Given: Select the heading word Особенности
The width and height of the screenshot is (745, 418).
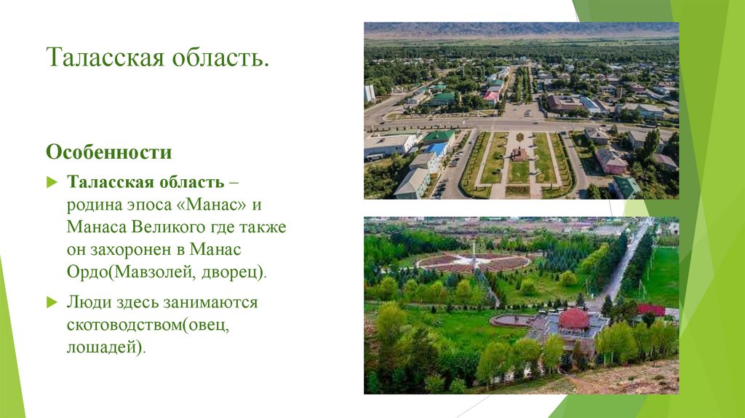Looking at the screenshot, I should (109, 153).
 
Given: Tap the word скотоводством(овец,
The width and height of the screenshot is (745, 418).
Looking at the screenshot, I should (148, 324).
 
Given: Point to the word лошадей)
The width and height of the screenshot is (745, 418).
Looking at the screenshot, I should (106, 347).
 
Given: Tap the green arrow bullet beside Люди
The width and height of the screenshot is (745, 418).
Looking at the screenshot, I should (52, 301).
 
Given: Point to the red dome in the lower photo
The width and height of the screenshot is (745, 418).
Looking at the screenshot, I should (574, 318).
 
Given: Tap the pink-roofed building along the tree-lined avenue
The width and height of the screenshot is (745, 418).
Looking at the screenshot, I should (492, 95).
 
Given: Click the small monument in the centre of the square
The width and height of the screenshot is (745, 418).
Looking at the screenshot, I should (519, 154).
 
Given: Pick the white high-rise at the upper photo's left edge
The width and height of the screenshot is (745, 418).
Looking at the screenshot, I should (370, 93).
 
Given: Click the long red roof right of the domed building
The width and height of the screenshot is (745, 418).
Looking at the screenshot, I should (651, 309).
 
